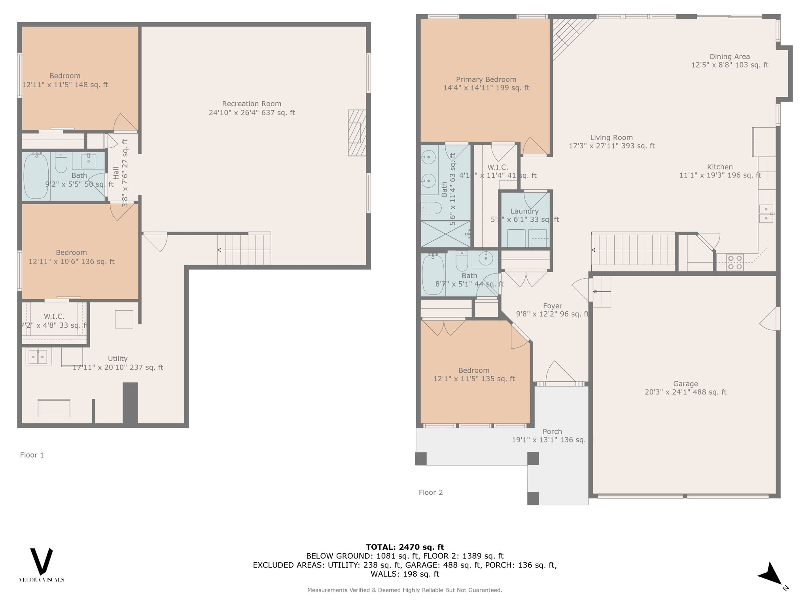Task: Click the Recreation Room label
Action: [252, 104]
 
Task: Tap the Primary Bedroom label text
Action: [486, 79]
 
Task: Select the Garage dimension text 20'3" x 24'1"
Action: [685, 392]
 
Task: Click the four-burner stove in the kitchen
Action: [735, 262]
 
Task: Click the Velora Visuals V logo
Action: [42, 562]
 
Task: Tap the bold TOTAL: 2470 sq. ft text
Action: [405, 547]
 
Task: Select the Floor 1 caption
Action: [32, 455]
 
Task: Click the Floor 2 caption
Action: [431, 492]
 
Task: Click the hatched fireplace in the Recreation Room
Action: [357, 133]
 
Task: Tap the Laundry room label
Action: [524, 211]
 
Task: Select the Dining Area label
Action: [730, 57]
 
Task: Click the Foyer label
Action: [553, 306]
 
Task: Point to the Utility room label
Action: [117, 358]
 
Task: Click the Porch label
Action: [552, 432]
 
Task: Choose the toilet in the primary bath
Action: [431, 208]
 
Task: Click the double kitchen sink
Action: [766, 213]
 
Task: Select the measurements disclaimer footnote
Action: [405, 590]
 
